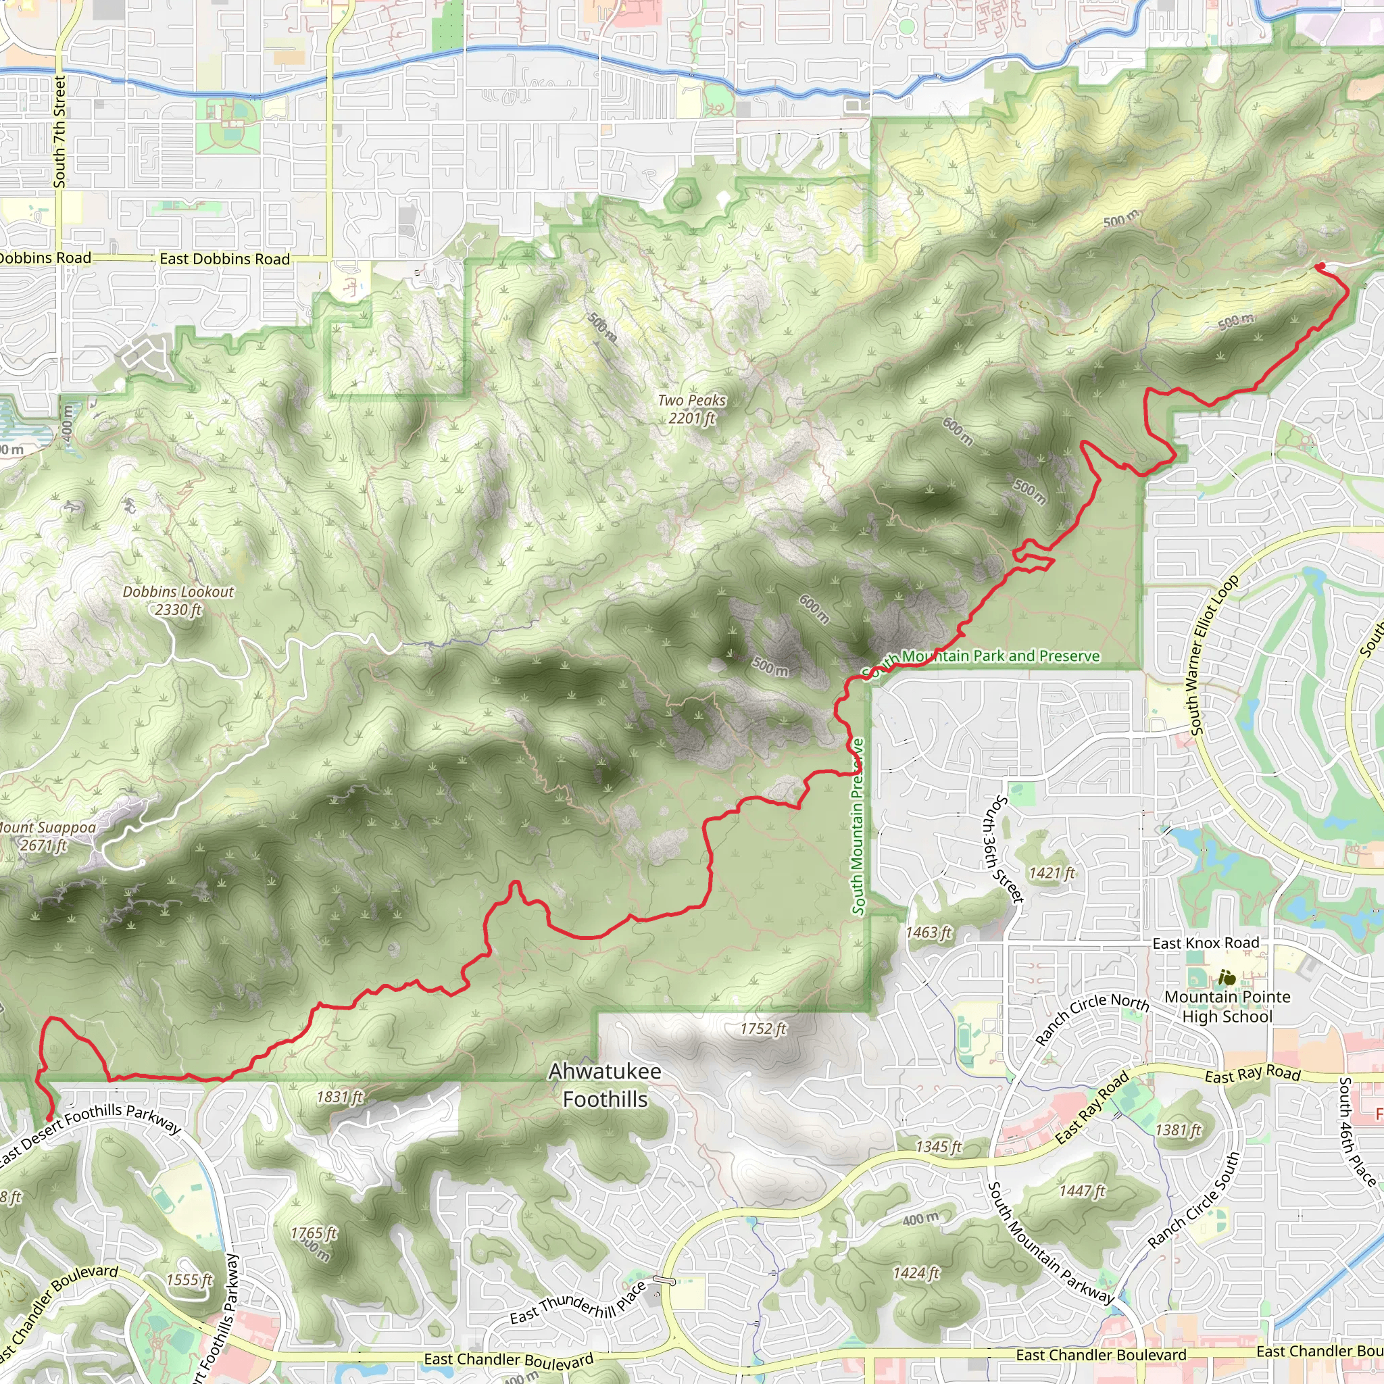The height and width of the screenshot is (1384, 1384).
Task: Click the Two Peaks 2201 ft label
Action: pos(691,409)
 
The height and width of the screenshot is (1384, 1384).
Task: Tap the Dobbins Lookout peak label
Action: pos(178,600)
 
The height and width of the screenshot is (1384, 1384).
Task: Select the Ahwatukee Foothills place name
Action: pos(605,1085)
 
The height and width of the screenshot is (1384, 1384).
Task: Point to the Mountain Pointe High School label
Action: pos(1227,1006)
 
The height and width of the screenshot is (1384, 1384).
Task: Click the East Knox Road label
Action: pos(1206,943)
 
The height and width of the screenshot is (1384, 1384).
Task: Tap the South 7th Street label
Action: pos(59,132)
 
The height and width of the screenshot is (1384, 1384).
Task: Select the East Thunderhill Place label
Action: pos(577,1302)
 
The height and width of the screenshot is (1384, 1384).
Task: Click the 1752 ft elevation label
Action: pos(763,1029)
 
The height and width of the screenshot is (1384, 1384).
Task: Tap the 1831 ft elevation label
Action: pos(341,1097)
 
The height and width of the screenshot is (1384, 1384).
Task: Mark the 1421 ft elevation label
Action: pos(1052,872)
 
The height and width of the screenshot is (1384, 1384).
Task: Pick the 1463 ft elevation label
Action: pos(929,932)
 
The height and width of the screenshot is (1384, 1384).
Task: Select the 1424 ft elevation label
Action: pos(916,1273)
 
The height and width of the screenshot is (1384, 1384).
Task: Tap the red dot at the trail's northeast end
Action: pos(1320,266)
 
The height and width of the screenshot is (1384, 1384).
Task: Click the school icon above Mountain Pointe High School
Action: pos(1227,977)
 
